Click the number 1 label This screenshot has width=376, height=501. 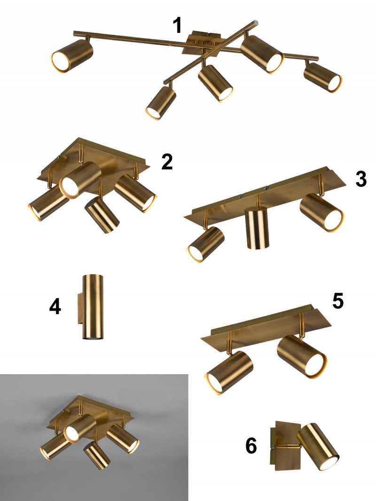[178, 25]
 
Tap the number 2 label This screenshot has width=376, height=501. [167, 162]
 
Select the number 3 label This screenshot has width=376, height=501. [361, 179]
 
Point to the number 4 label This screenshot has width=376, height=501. [55, 307]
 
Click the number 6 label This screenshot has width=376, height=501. [251, 446]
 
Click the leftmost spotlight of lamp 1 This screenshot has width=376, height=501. [72, 55]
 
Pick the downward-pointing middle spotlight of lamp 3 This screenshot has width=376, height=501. [257, 228]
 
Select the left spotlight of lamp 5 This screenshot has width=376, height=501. [228, 372]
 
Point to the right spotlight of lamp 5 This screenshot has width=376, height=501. [302, 357]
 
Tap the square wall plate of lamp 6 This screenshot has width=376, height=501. [286, 446]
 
